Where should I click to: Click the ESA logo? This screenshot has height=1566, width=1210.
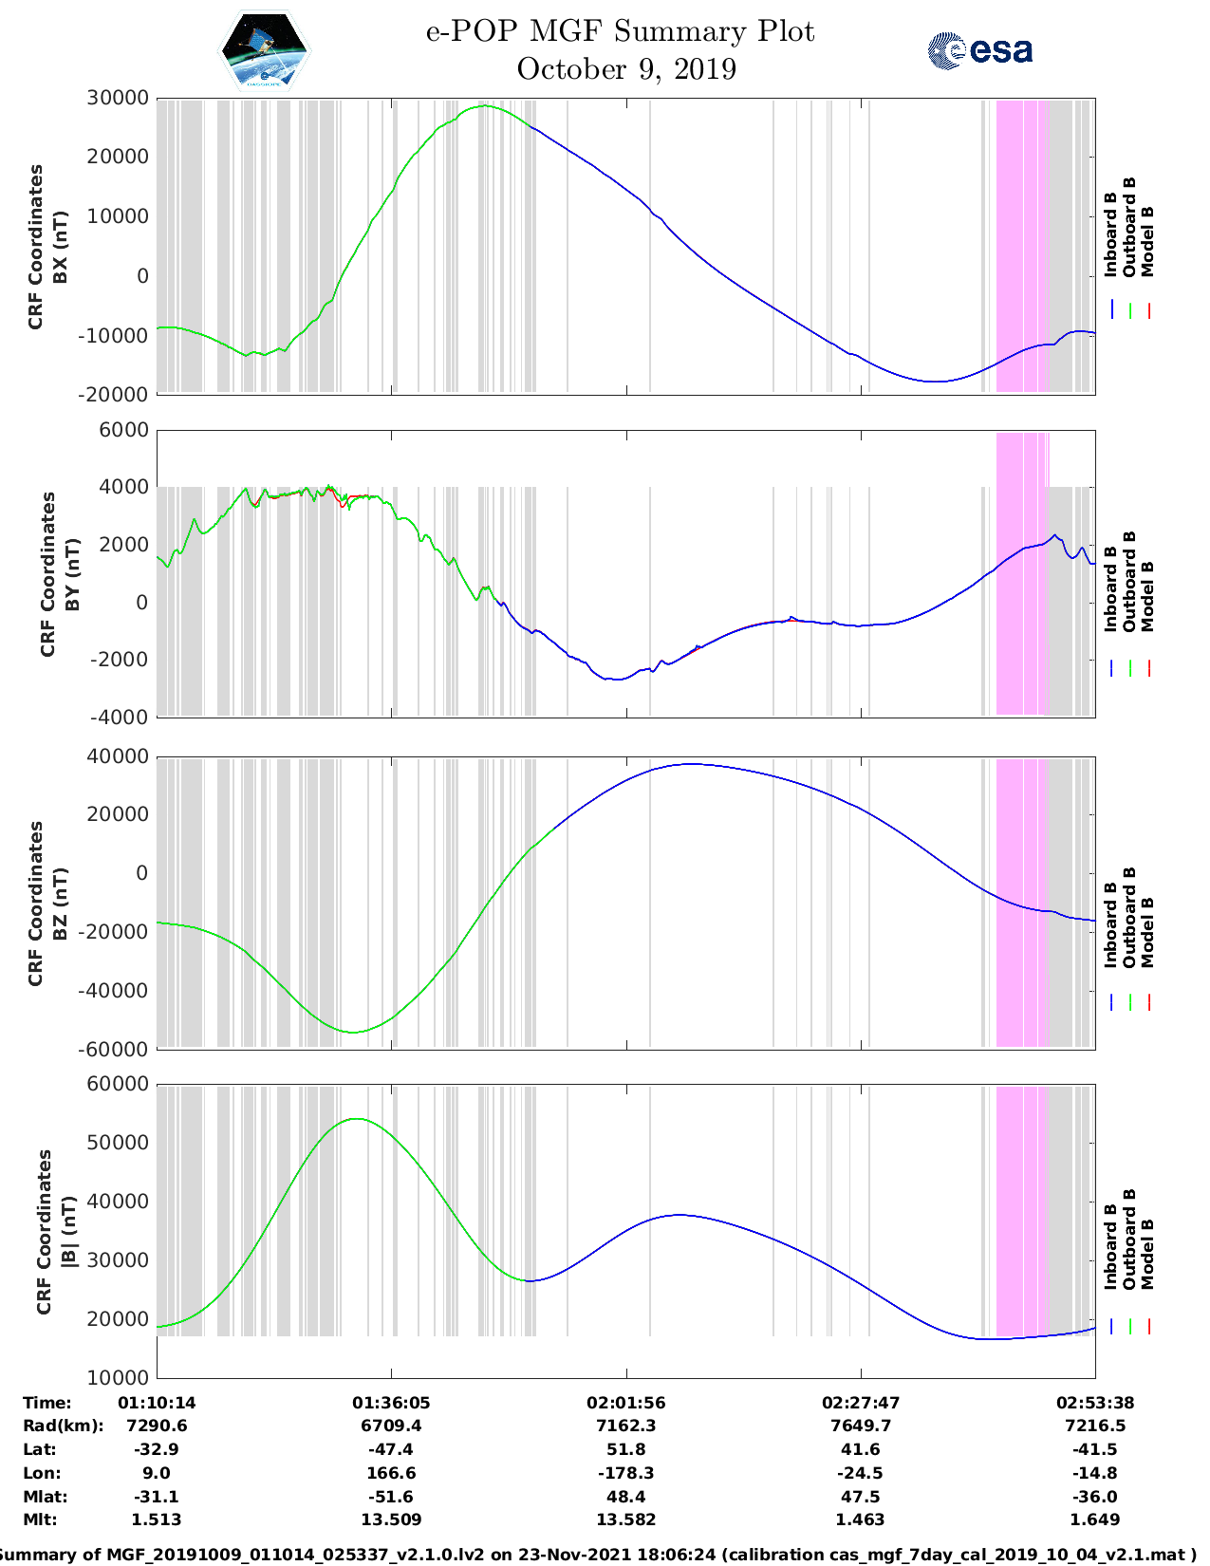point(980,50)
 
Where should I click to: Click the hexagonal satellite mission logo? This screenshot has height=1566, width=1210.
point(265,51)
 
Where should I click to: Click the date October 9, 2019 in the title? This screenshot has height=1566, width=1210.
point(626,69)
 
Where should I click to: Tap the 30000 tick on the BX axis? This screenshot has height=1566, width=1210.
point(117,98)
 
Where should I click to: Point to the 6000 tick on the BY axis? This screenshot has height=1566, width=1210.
point(124,430)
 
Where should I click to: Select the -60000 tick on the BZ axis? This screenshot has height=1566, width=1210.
point(117,1049)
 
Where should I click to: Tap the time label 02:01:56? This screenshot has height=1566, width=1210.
point(625,1403)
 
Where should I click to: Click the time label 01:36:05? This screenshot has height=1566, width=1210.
point(391,1403)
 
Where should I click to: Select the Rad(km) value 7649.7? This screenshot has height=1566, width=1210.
point(861,1426)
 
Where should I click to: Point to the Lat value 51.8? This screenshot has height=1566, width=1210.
point(625,1449)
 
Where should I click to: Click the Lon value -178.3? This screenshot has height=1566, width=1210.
point(625,1473)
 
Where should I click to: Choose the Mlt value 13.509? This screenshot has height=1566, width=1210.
point(391,1519)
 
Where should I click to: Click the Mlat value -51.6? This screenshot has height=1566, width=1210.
point(391,1497)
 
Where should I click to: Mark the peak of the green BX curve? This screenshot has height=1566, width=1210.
point(485,106)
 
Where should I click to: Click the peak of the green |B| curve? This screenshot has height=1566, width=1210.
point(356,1119)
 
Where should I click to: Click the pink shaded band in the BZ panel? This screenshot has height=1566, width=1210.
point(1022,902)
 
